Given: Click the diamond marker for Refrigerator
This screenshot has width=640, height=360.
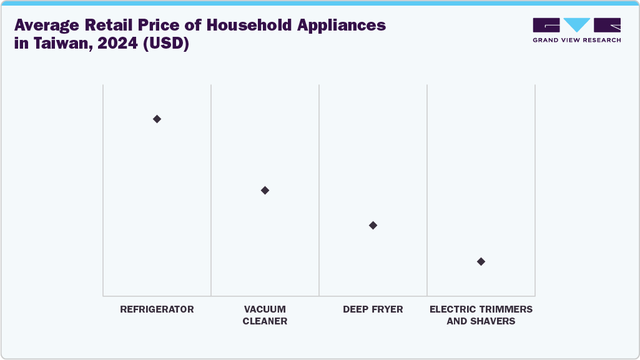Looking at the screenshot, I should point(157,119).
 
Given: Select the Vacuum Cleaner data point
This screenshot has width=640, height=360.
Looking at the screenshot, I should point(265,190).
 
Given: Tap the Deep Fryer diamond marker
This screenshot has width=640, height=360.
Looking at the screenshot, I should point(373,225).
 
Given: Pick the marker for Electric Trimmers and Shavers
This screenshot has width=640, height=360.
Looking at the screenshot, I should point(481,261).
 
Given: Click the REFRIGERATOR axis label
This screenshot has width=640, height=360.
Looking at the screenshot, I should point(157,309).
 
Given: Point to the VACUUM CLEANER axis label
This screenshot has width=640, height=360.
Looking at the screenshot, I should point(265,315).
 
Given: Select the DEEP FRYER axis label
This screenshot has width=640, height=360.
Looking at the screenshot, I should point(373,309).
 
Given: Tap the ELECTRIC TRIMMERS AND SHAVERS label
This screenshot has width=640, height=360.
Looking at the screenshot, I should point(481,315).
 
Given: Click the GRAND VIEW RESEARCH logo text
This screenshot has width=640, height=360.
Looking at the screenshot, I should point(576,40).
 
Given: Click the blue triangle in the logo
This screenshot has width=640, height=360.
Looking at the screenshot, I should point(576,25).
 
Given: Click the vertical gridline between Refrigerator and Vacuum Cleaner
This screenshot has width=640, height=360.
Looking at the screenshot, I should point(211,187).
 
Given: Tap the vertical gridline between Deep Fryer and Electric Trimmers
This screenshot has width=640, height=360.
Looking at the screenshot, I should point(427,187).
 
